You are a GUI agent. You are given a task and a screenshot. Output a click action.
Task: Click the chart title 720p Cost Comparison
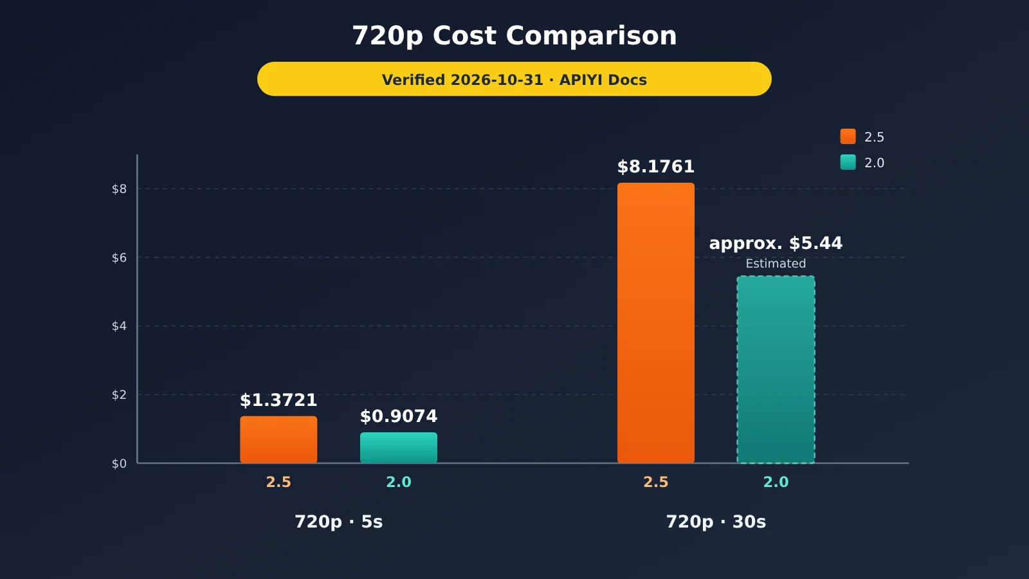point(514,36)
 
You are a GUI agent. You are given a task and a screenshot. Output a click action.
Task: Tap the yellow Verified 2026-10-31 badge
point(514,79)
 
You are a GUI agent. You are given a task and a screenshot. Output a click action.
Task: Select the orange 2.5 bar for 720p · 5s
point(278,440)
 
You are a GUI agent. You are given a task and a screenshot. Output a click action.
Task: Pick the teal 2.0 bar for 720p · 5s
point(399,448)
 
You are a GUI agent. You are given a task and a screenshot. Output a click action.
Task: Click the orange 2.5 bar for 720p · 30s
point(655,323)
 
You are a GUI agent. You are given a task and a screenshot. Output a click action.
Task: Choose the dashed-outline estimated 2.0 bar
point(776,369)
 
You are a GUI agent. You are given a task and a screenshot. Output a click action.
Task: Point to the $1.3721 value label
point(278,400)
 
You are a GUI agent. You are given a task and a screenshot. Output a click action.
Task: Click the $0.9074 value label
point(399,416)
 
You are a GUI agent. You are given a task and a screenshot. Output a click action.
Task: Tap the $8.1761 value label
point(655,167)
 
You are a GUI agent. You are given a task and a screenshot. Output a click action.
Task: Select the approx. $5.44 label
point(776,244)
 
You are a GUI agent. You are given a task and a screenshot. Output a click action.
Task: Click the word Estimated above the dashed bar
point(776,264)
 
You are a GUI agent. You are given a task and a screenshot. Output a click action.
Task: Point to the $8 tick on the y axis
point(119,189)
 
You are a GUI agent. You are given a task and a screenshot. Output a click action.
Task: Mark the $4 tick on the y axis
point(119,326)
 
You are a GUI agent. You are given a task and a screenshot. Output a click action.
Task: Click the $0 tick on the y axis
point(119,464)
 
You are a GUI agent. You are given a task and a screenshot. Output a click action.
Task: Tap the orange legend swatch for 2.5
point(848,136)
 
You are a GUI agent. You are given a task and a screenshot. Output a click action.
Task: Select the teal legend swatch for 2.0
point(848,162)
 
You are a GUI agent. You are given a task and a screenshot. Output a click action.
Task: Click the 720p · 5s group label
point(338,522)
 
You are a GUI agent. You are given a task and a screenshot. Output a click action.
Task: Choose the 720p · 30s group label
point(716,522)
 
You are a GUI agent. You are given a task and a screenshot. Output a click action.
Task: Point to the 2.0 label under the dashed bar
point(776,482)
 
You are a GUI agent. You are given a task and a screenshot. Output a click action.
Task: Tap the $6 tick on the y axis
point(119,258)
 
